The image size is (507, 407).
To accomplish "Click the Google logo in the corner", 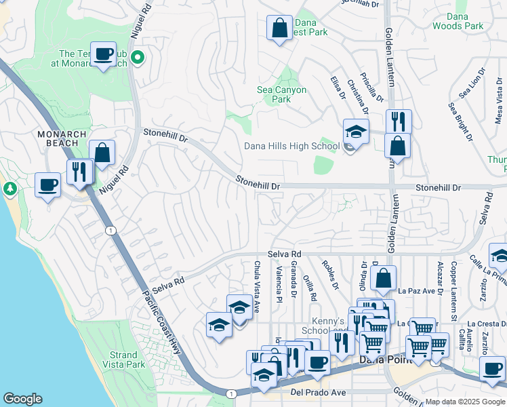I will [x=22, y=399].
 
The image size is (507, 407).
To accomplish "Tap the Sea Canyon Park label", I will [x=281, y=94].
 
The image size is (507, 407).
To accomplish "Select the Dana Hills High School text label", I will [x=292, y=146].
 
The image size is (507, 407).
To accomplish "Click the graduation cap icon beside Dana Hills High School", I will [x=356, y=131].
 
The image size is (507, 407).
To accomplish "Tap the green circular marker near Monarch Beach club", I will [x=138, y=58].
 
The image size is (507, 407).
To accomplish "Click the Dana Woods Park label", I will [x=459, y=20].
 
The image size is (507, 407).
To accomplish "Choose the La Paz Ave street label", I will [x=415, y=292].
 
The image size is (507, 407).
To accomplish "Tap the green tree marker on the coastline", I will [x=9, y=187].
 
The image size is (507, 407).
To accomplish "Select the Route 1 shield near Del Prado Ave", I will [x=231, y=393].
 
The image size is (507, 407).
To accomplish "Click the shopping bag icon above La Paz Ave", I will [x=383, y=277].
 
